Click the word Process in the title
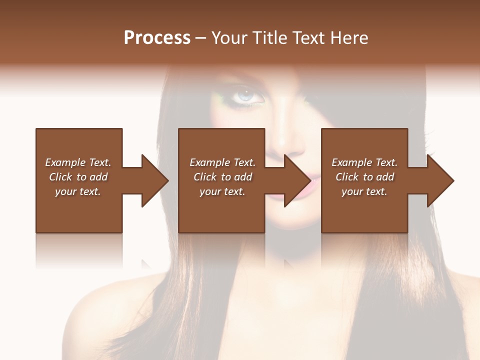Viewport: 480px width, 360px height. pos(157,38)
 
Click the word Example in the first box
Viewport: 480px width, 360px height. pos(65,162)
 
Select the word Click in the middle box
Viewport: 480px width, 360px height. pos(204,177)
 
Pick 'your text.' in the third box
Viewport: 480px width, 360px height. pos(364,191)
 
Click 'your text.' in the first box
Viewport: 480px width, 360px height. pos(77,191)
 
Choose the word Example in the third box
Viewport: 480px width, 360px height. pos(351,162)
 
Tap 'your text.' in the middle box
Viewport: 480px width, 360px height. pos(222,191)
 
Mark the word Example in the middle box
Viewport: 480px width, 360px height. pos(209,162)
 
